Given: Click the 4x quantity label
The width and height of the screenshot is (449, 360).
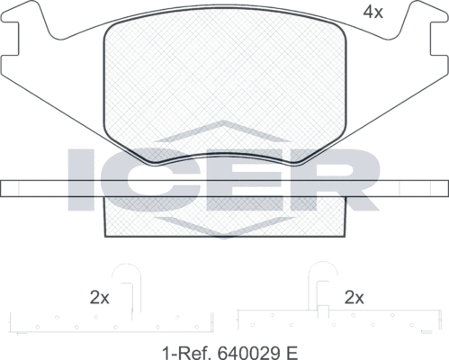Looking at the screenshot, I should pos(373,13).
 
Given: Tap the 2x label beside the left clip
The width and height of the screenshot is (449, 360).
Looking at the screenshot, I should pos(99,297).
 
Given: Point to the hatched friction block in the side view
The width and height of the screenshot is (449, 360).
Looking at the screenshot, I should pos(225,216).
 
